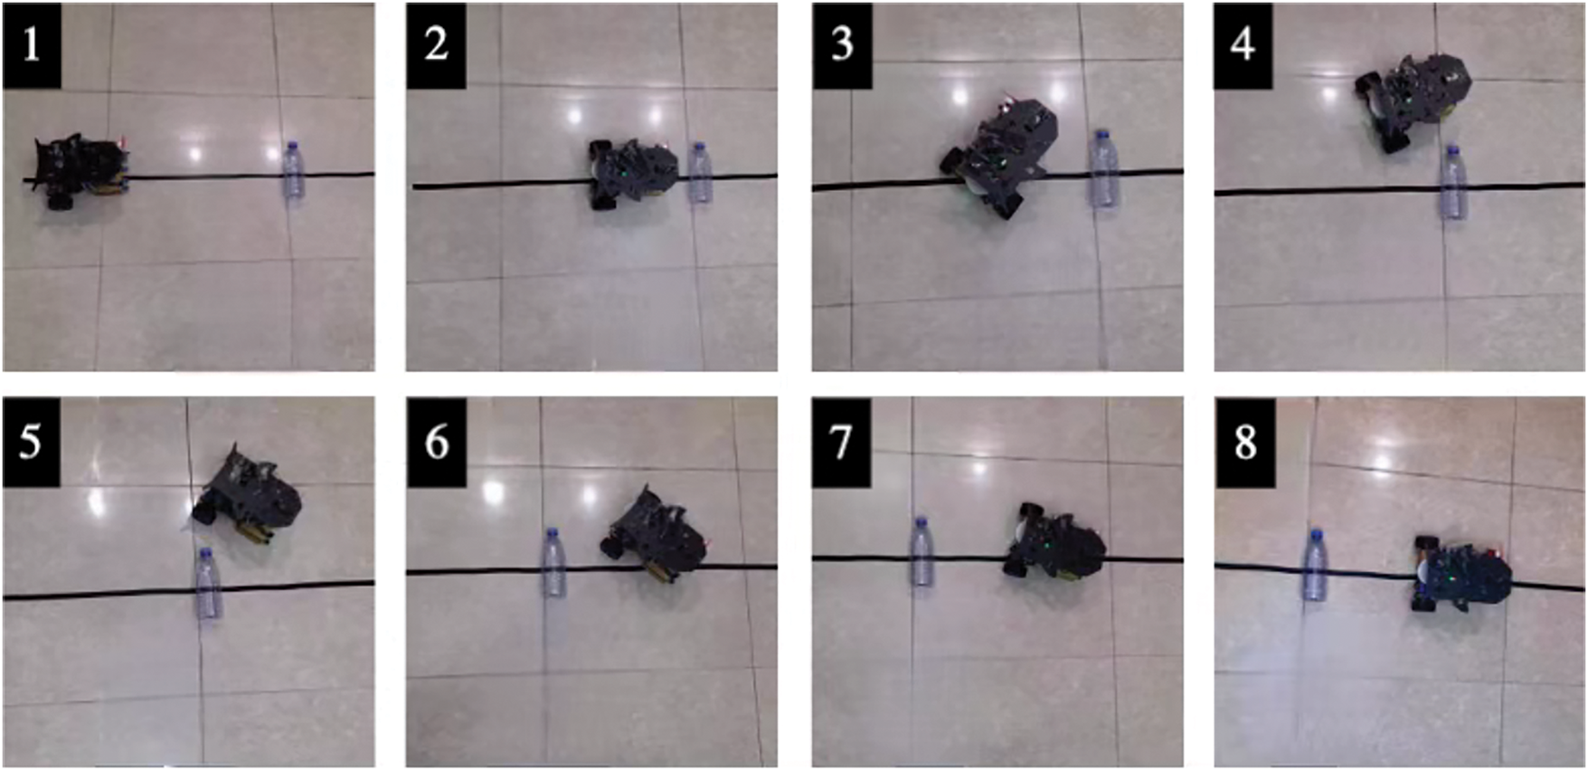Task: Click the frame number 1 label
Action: tap(32, 45)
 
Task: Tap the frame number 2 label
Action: tap(436, 45)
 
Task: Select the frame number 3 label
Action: tap(842, 45)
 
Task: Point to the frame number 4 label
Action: tap(1243, 45)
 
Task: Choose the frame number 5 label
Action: tap(32, 441)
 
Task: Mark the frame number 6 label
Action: tap(436, 441)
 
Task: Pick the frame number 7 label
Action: tap(842, 441)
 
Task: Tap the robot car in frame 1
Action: tap(80, 171)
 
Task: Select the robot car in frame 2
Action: tap(634, 173)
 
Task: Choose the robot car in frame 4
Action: tap(1413, 100)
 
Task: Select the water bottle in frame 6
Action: tap(553, 563)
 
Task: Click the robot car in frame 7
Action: tap(1054, 542)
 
